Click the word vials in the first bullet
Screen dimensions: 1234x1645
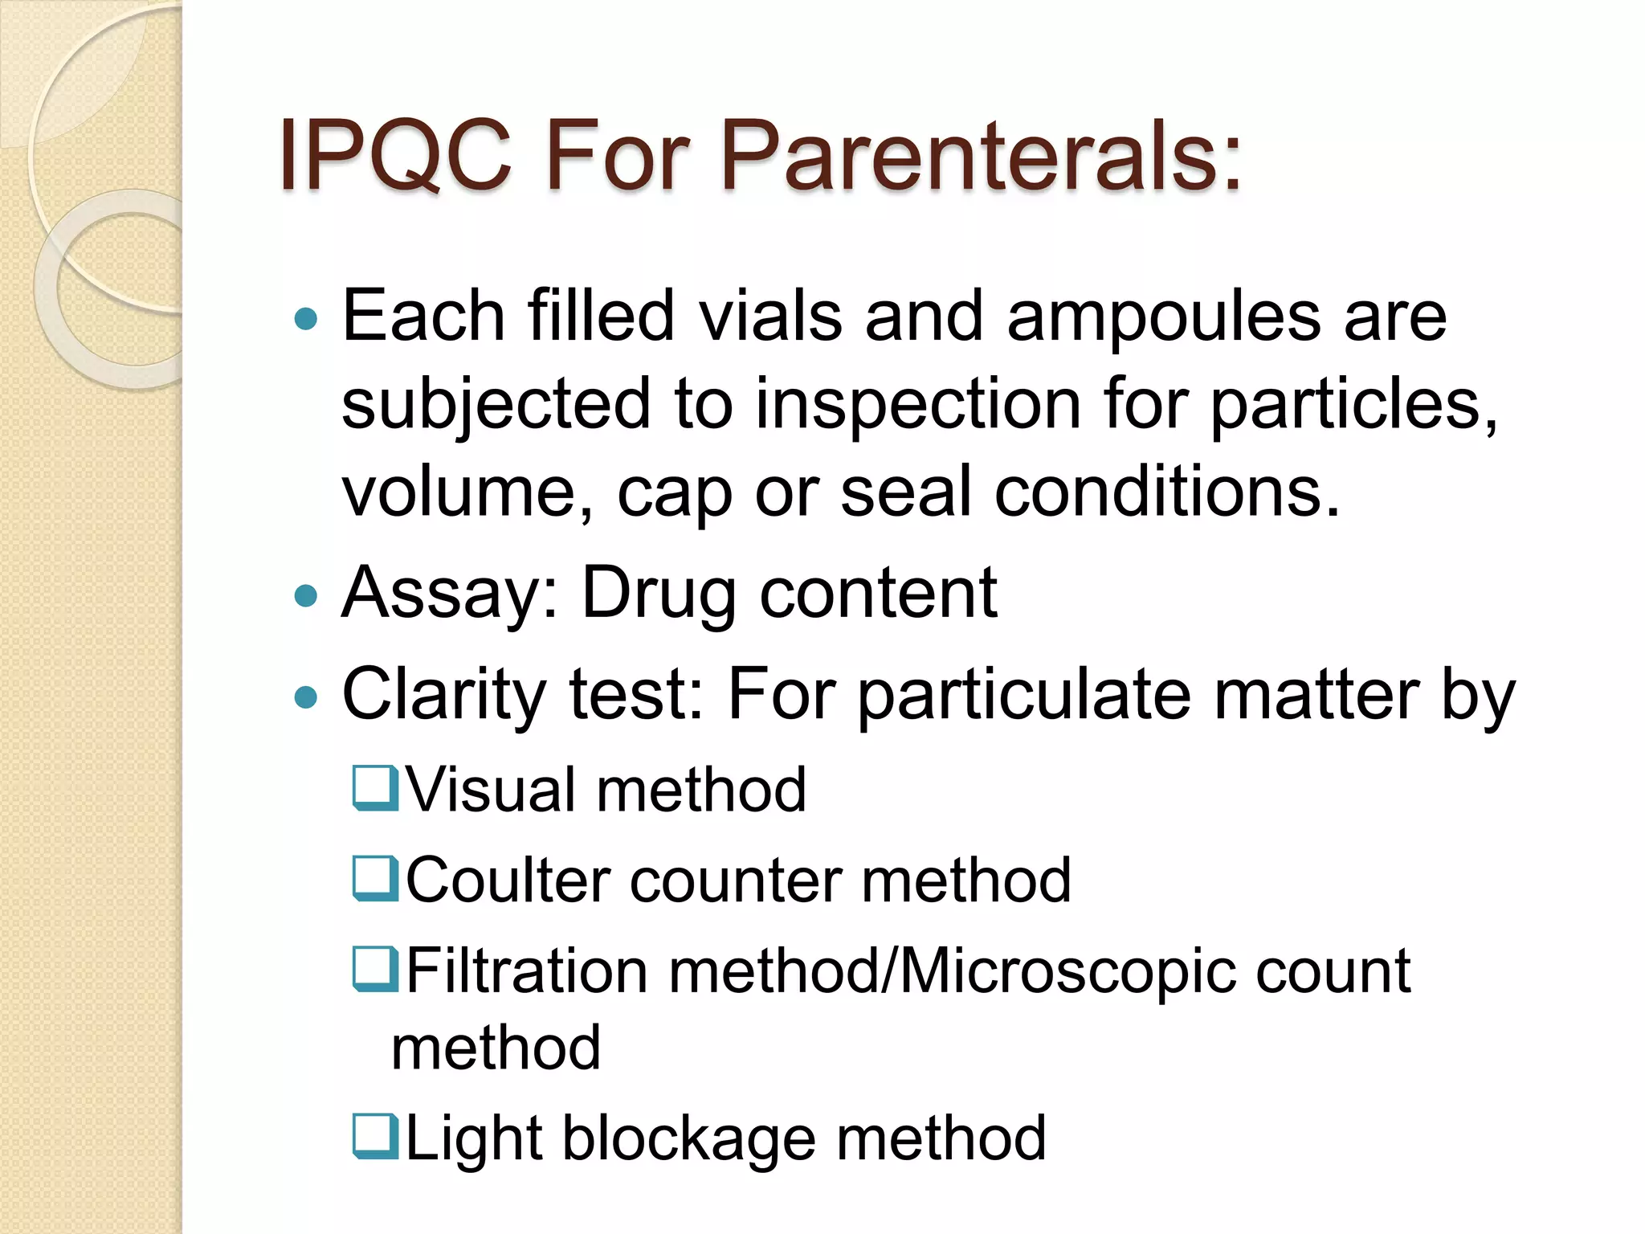point(770,316)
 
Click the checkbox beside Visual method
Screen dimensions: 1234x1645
point(375,788)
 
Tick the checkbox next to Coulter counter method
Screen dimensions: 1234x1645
point(375,878)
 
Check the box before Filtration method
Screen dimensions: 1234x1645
point(375,969)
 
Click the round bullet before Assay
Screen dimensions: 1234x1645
point(306,596)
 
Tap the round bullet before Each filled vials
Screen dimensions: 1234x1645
point(306,320)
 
